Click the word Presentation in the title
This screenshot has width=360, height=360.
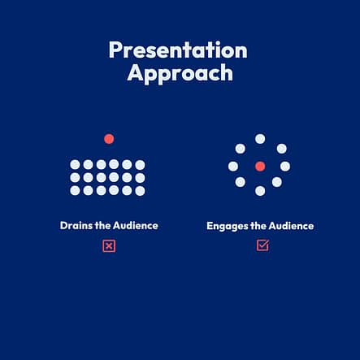point(178,50)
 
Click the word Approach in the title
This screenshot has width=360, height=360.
point(180,74)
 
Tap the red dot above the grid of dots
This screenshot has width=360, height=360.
point(109,139)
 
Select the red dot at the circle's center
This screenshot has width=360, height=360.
point(260,167)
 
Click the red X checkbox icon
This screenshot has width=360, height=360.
point(109,246)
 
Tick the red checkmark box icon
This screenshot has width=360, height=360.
point(262,245)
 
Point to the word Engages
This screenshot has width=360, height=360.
point(228,226)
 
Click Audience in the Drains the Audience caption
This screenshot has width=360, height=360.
point(136,225)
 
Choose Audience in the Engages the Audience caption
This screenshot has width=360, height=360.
point(291,226)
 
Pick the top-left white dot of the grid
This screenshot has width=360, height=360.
point(75,164)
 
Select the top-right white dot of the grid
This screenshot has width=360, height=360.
point(140,165)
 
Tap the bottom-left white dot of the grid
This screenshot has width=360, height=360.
point(75,190)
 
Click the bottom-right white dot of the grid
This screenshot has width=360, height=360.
point(140,191)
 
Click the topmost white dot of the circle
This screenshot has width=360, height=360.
point(260,139)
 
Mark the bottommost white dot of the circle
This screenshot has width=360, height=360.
point(260,191)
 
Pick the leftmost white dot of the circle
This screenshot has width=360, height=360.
point(233,167)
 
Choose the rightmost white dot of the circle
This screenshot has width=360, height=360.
point(285,167)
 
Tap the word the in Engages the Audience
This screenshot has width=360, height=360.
point(258,226)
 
